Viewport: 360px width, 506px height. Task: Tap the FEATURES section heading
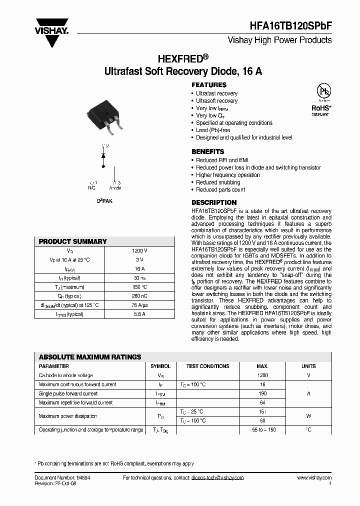pyautogui.click(x=209, y=85)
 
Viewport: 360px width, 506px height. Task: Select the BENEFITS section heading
pyautogui.click(x=208, y=151)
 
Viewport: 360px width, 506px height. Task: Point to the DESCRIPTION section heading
pyautogui.click(x=214, y=202)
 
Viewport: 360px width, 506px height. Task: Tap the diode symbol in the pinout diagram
pyautogui.click(x=103, y=155)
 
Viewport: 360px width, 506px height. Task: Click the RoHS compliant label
pyautogui.click(x=321, y=108)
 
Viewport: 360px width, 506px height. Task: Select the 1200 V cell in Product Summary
pyautogui.click(x=139, y=250)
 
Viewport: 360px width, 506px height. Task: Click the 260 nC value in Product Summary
pyautogui.click(x=139, y=296)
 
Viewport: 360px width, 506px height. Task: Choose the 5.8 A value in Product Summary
pyautogui.click(x=139, y=314)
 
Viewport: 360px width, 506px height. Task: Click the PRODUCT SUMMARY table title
pyautogui.click(x=73, y=241)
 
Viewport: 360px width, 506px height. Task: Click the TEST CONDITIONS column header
pyautogui.click(x=207, y=366)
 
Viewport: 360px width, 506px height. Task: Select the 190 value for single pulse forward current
pyautogui.click(x=262, y=393)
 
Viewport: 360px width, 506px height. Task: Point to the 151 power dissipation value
pyautogui.click(x=262, y=411)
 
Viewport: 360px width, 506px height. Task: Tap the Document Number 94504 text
pyautogui.click(x=62, y=478)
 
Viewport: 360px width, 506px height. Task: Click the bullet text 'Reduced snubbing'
pyautogui.click(x=218, y=182)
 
